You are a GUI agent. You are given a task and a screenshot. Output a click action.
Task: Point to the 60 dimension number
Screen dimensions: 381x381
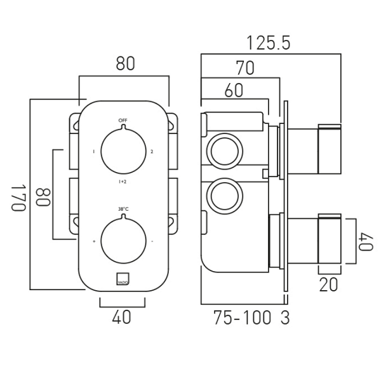click(233, 90)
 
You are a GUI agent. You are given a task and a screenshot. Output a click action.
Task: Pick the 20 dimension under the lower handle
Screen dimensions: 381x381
click(330, 286)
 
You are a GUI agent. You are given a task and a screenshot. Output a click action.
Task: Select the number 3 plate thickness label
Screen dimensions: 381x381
click(284, 317)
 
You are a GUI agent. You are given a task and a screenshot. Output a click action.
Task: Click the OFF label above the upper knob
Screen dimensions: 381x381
click(123, 119)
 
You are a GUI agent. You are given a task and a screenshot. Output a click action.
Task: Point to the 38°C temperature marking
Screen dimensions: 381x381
click(123, 210)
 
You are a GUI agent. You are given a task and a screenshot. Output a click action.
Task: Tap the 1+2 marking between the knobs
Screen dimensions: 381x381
click(123, 182)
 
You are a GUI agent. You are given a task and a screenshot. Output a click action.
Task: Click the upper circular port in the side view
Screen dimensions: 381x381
click(224, 150)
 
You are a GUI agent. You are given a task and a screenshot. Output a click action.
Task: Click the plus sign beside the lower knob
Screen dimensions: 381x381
click(94, 242)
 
